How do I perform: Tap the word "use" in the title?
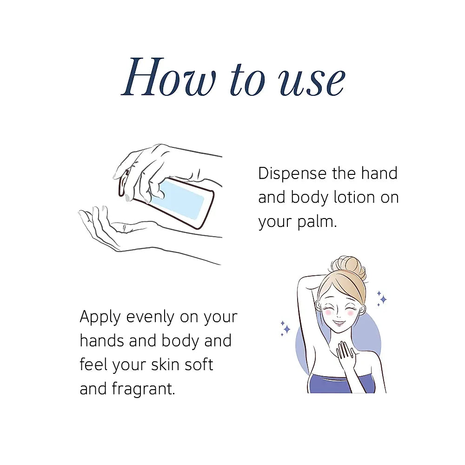pyautogui.click(x=312, y=81)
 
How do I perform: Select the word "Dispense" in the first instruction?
pyautogui.click(x=292, y=174)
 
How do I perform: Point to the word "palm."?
pyautogui.click(x=317, y=222)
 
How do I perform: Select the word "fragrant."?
pyautogui.click(x=144, y=389)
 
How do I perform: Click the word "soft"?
pyautogui.click(x=199, y=365)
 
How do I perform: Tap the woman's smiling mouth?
pyautogui.click(x=338, y=322)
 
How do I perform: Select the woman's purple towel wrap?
pyautogui.click(x=341, y=385)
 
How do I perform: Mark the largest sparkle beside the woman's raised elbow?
pyautogui.click(x=287, y=329)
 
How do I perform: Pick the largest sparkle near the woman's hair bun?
pyautogui.click(x=383, y=299)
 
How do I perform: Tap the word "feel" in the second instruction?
pyautogui.click(x=93, y=365)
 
